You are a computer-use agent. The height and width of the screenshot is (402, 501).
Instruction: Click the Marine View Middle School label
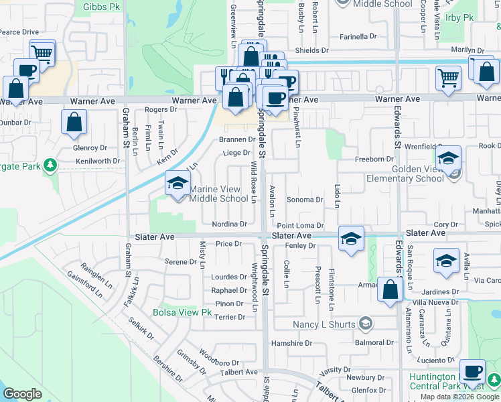(x=218, y=194)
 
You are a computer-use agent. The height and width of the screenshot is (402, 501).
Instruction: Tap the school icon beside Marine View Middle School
(x=177, y=184)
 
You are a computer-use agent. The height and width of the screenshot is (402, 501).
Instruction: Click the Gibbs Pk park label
(x=100, y=7)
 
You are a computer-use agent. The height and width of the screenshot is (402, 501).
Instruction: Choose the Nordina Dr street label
(x=230, y=224)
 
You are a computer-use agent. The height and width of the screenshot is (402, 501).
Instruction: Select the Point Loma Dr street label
(x=301, y=226)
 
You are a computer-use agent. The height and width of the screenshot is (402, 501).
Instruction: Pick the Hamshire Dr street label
(x=292, y=343)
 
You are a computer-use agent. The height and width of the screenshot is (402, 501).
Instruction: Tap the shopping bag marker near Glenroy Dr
(x=74, y=123)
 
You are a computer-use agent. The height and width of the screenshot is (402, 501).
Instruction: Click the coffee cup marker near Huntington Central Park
(x=472, y=372)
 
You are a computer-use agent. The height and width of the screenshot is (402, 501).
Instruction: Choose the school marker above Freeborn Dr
(x=448, y=158)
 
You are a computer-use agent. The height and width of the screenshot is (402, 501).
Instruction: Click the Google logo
(x=22, y=394)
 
